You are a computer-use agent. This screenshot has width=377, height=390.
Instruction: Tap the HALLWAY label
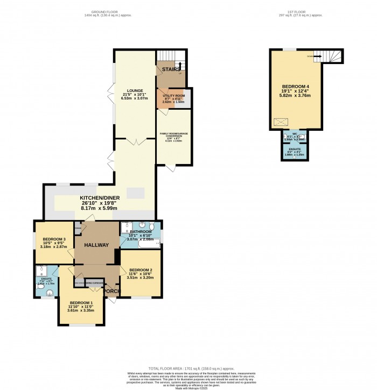tap(96, 245)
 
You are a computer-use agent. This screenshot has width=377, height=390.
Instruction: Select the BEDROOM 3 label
tap(53, 239)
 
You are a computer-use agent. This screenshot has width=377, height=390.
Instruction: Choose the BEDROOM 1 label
tap(81, 302)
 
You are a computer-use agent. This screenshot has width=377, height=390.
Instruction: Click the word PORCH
tap(112, 292)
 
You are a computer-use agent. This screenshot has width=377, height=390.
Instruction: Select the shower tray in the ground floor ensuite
tap(41, 271)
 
